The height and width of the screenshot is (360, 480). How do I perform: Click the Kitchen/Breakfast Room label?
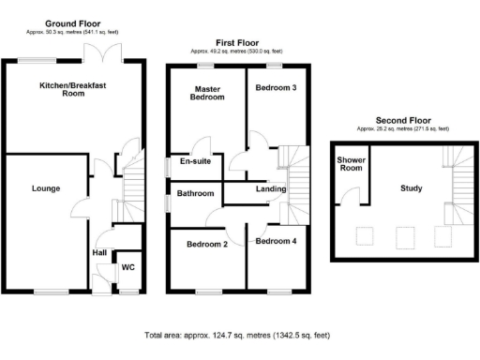pyautogui.click(x=73, y=91)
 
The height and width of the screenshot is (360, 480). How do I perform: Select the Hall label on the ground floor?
pyautogui.click(x=98, y=252)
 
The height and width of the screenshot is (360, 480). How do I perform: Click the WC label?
pyautogui.click(x=128, y=267)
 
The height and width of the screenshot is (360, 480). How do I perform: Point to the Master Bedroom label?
pyautogui.click(x=207, y=92)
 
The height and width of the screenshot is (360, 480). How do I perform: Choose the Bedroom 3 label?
pyautogui.click(x=276, y=87)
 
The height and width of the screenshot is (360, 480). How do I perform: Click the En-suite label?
pyautogui.click(x=195, y=161)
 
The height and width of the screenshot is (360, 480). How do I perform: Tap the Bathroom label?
pyautogui.click(x=197, y=194)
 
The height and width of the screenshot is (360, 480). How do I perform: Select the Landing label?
pyautogui.click(x=270, y=189)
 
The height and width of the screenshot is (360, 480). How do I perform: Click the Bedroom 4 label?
pyautogui.click(x=276, y=241)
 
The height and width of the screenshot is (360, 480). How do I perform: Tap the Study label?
pyautogui.click(x=410, y=188)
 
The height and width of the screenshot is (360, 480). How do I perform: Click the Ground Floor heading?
pyautogui.click(x=73, y=22)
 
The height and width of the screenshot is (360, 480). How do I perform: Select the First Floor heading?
pyautogui.click(x=238, y=43)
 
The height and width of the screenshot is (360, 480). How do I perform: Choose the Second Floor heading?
pyautogui.click(x=403, y=121)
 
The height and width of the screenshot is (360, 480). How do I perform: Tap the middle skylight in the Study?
pyautogui.click(x=405, y=234)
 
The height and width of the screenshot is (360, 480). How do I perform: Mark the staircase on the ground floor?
pyautogui.click(x=133, y=188)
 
